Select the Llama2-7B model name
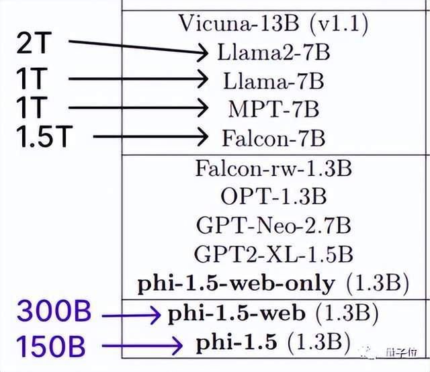pos(274,52)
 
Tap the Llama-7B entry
pos(274,81)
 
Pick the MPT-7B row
pos(273,109)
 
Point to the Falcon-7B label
pos(273,138)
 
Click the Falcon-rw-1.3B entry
pos(273,167)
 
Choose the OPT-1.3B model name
pos(273,197)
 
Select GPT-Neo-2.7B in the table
pos(273,226)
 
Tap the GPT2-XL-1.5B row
pos(273,254)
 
